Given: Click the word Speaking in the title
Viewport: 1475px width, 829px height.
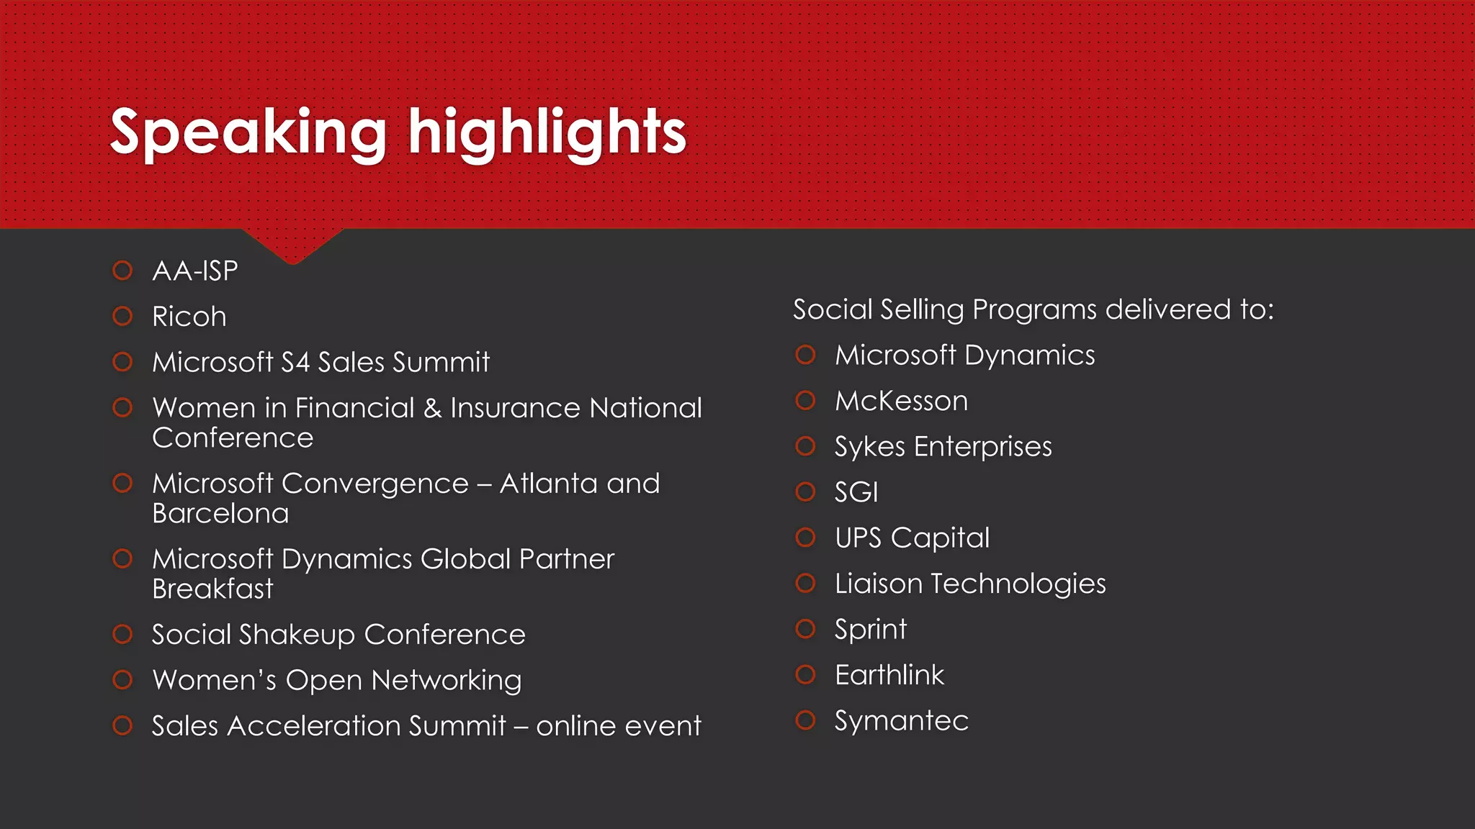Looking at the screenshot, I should pyautogui.click(x=248, y=133).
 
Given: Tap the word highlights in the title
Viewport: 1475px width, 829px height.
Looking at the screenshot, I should pyautogui.click(x=547, y=133).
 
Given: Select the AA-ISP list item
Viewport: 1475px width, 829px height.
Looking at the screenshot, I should pyautogui.click(x=195, y=271).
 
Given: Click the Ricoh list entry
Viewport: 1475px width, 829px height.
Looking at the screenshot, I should pyautogui.click(x=189, y=317).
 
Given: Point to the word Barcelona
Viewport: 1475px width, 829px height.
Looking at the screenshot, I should pyautogui.click(x=220, y=514).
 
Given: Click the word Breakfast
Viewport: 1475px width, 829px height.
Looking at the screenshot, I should pyautogui.click(x=213, y=589).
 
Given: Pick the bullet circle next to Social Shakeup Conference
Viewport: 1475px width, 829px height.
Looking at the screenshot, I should pyautogui.click(x=123, y=634).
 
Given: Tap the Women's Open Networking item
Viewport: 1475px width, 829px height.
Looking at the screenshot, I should pyautogui.click(x=337, y=680).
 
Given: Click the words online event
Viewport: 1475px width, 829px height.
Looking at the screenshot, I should pyautogui.click(x=618, y=726).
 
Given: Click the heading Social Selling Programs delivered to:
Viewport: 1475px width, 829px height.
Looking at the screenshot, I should pyautogui.click(x=1034, y=309).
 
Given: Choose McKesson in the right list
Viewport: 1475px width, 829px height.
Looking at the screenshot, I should pyautogui.click(x=901, y=401).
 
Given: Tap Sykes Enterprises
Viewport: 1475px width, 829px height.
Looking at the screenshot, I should pyautogui.click(x=943, y=447).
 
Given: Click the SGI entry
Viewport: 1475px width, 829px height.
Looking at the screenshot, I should pyautogui.click(x=856, y=492).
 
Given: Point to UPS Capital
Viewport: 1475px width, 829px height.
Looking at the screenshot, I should pyautogui.click(x=912, y=538).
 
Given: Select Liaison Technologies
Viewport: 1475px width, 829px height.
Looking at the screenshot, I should pyautogui.click(x=970, y=584).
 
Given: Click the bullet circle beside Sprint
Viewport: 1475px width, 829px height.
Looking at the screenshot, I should pyautogui.click(x=805, y=629).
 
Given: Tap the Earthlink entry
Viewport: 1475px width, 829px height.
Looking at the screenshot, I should pyautogui.click(x=889, y=675).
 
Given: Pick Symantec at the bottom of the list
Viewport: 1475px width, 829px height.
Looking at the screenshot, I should pyautogui.click(x=902, y=721).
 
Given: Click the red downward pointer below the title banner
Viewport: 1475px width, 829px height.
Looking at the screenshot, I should pyautogui.click(x=292, y=245).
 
